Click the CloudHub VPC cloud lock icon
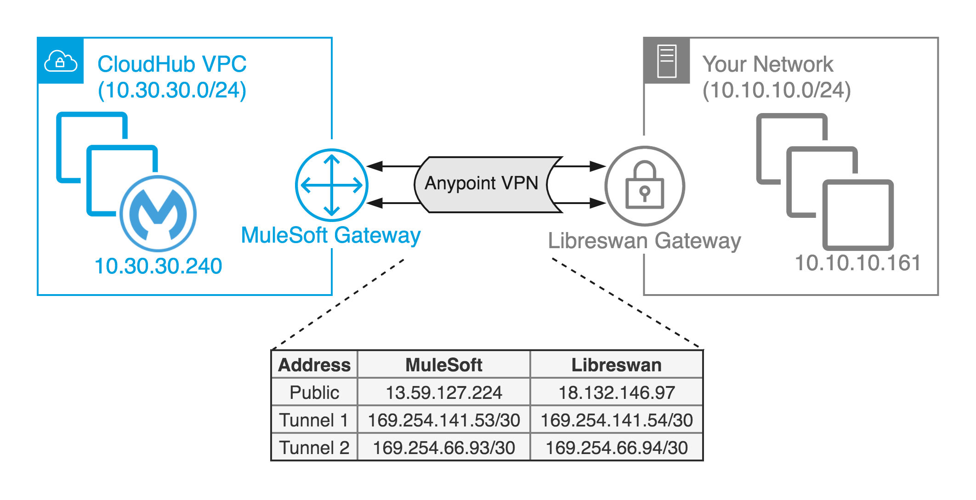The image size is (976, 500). tap(60, 61)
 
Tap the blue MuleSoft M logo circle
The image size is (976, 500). tap(158, 213)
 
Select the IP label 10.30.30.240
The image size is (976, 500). tap(158, 266)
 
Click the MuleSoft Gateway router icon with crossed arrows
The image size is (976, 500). tap(331, 185)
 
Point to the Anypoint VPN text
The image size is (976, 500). tap(481, 183)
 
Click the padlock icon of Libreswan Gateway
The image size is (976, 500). tap(645, 186)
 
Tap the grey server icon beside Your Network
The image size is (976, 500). tap(667, 61)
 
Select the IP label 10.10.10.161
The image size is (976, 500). tap(857, 263)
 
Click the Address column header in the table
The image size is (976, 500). tap(314, 365)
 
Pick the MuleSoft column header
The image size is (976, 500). tap(443, 365)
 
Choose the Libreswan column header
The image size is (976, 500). tap(616, 365)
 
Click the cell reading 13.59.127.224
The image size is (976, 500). tap(443, 392)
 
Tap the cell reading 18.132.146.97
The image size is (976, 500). tap(616, 392)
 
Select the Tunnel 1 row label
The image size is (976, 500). tap(314, 420)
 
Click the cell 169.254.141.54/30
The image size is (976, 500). tap(616, 420)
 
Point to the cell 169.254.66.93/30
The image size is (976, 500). tap(443, 448)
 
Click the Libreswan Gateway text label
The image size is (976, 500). tap(644, 241)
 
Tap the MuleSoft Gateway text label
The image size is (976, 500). tap(331, 235)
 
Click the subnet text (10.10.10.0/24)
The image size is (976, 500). tap(777, 90)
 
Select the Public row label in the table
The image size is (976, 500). tap(314, 392)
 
